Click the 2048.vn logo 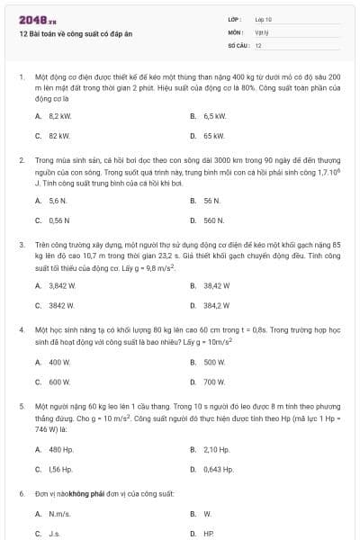point(38,19)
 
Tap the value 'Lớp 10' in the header point(263,19)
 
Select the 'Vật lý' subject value point(262,31)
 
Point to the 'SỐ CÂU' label point(237,45)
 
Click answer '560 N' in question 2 point(213,220)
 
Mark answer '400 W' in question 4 point(59,363)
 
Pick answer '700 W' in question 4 point(214,382)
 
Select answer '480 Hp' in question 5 point(60,449)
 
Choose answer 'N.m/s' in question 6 point(59,514)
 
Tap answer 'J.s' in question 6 point(56,533)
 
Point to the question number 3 point(21,244)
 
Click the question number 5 point(21,407)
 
